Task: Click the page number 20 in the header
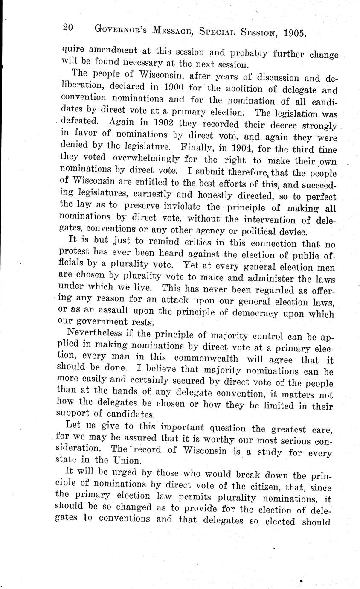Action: (68, 28)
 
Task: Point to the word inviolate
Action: (182, 209)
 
